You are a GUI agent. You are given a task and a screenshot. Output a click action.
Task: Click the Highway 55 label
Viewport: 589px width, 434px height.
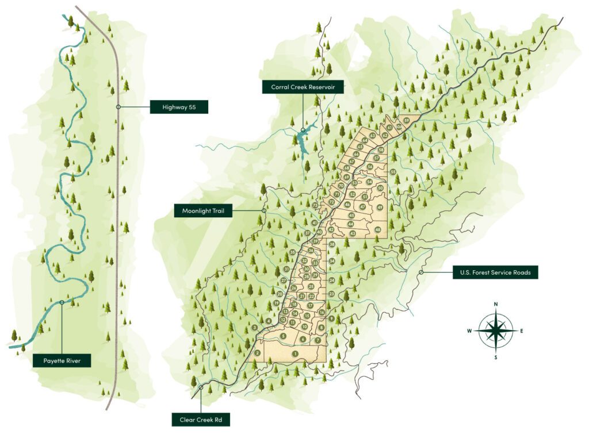point(178,106)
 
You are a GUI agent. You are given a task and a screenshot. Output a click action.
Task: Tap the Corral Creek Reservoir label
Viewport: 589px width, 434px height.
point(303,87)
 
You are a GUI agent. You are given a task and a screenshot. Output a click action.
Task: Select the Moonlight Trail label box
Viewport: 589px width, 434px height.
point(203,212)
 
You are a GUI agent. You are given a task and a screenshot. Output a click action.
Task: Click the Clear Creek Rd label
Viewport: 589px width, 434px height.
point(201,420)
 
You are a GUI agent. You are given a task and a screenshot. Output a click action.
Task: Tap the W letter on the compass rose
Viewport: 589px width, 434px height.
point(470,331)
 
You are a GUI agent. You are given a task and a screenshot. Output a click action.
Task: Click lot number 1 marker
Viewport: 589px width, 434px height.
point(295,354)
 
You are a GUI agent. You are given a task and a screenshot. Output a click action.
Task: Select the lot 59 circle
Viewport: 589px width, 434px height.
point(406,120)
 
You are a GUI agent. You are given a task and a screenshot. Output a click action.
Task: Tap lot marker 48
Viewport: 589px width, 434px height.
point(377,230)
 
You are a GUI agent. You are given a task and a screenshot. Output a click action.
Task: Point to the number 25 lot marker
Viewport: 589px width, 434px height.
point(311,286)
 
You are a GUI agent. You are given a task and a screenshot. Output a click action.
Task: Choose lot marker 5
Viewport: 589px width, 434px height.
point(283,336)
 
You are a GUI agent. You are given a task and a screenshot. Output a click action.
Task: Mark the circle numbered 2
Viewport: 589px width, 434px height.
point(258,352)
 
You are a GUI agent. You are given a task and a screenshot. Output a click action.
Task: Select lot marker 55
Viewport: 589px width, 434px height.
point(393,172)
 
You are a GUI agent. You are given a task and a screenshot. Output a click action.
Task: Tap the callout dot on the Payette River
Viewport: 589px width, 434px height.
point(62,302)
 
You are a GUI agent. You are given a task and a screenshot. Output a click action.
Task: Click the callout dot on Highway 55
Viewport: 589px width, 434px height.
point(118,107)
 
